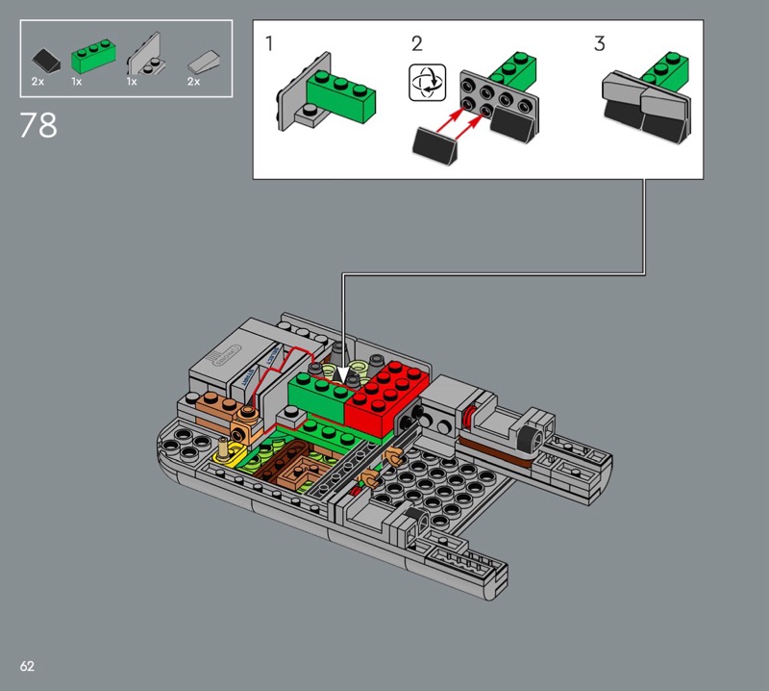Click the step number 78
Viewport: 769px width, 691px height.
coord(38,125)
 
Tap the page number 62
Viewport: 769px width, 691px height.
coord(27,666)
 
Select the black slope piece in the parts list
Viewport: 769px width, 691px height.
coord(46,60)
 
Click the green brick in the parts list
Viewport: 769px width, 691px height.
coord(93,57)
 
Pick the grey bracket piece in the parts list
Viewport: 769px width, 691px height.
coord(146,54)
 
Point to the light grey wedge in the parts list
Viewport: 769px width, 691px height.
coord(204,61)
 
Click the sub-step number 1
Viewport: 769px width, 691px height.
coord(269,43)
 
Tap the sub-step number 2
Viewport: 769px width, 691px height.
coord(417,43)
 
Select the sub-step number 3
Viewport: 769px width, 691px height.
coord(599,43)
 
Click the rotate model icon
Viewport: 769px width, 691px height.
coord(427,83)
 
